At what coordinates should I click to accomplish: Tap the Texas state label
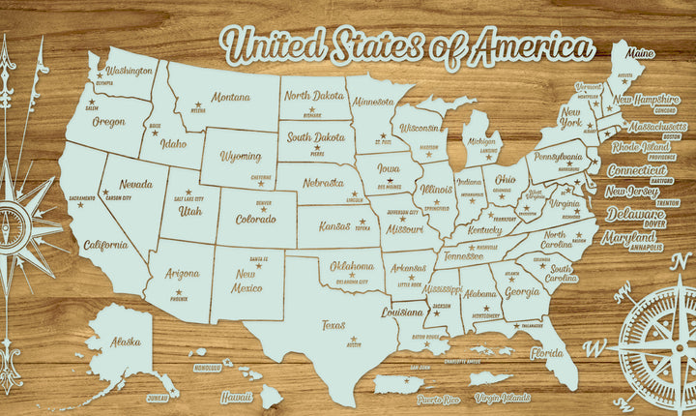[x=333, y=325]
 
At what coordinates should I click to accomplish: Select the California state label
[x=105, y=245]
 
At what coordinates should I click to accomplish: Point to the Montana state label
[x=230, y=98]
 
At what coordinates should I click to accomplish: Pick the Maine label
[x=639, y=53]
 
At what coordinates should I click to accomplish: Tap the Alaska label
[x=124, y=342]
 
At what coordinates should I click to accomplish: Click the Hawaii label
[x=235, y=397]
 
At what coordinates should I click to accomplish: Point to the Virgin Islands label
[x=503, y=397]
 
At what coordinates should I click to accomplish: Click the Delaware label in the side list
[x=634, y=214]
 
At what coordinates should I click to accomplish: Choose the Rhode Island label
[x=641, y=147]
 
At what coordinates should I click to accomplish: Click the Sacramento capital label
[x=82, y=198]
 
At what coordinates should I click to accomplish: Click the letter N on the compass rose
[x=624, y=287]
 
